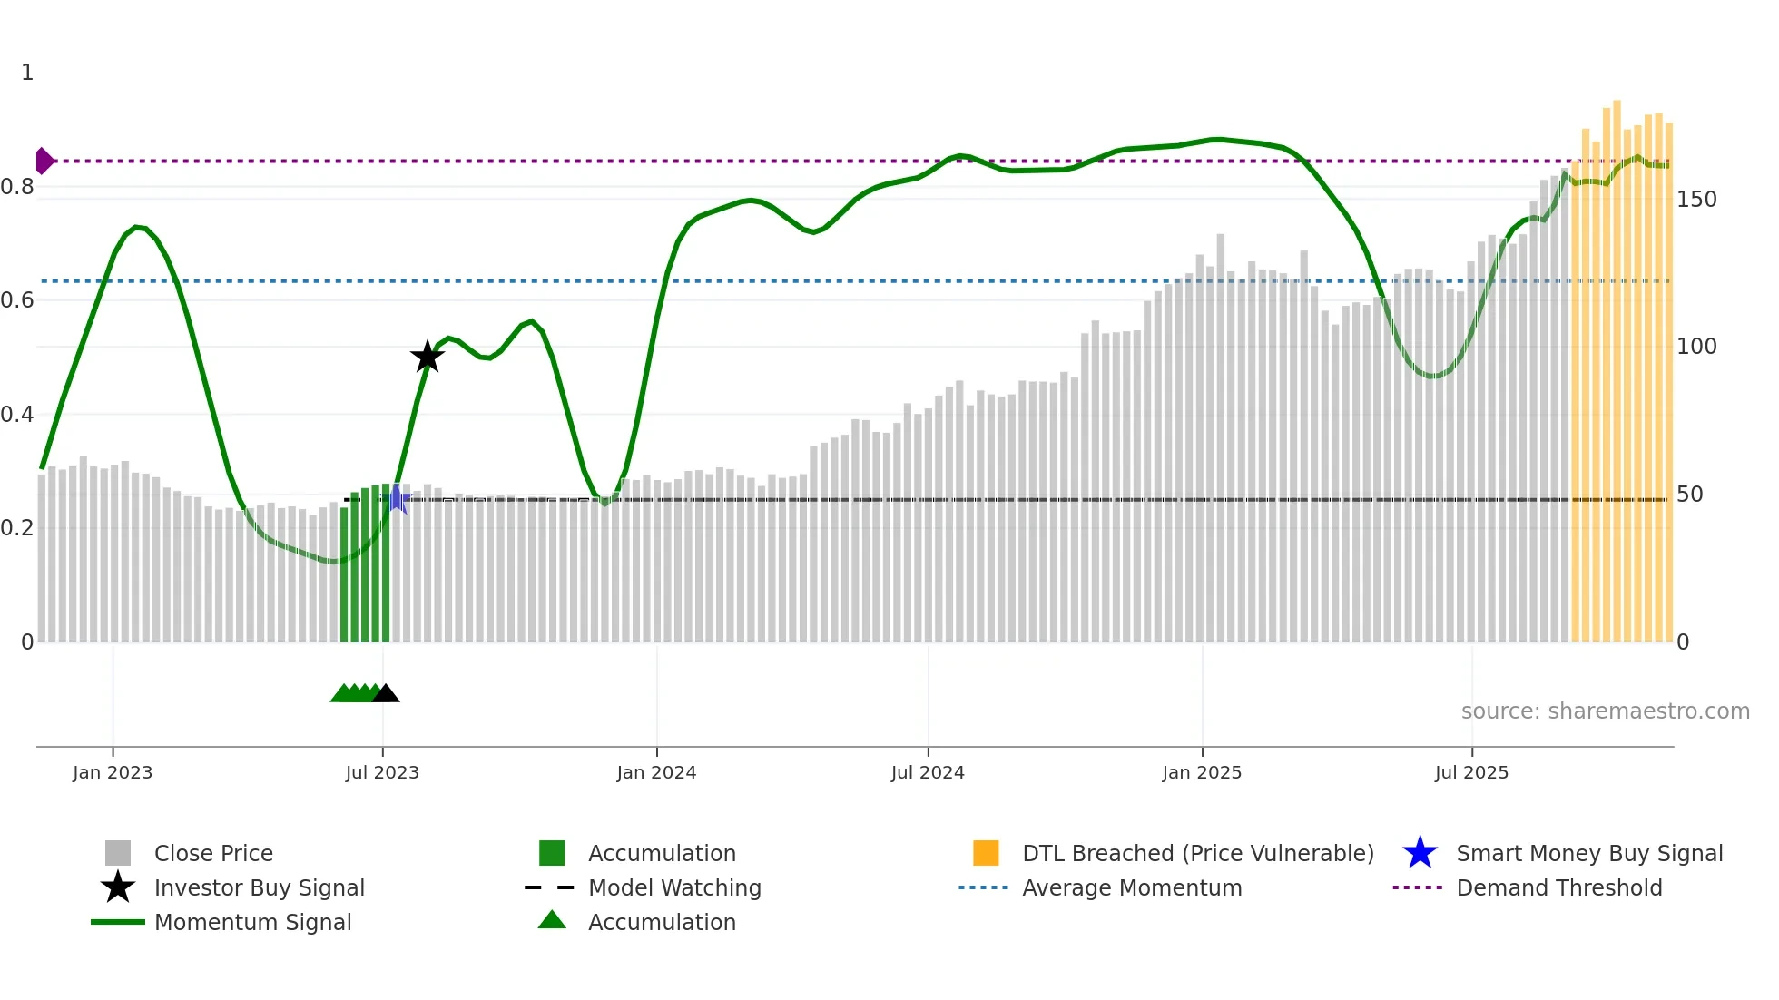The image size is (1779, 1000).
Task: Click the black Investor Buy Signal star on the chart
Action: pyautogui.click(x=427, y=357)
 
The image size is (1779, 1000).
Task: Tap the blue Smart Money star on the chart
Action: pyautogui.click(x=397, y=498)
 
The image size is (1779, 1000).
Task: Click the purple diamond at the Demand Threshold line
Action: pyautogui.click(x=44, y=161)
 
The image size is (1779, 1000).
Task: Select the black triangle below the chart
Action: pyautogui.click(x=386, y=694)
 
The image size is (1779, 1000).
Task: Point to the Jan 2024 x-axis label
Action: pyautogui.click(x=656, y=772)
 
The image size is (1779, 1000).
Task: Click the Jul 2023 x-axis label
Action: pyautogui.click(x=382, y=772)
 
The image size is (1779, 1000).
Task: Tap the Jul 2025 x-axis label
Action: pyautogui.click(x=1471, y=772)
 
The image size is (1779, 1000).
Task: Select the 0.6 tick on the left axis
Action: pyautogui.click(x=18, y=300)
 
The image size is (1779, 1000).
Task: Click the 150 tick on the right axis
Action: pyautogui.click(x=1695, y=200)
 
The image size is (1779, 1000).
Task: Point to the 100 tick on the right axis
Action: pyautogui.click(x=1695, y=347)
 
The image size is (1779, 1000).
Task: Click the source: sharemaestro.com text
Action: pyautogui.click(x=1605, y=711)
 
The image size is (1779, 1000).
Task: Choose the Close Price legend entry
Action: pyautogui.click(x=213, y=853)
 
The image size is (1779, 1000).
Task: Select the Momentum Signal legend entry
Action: pyautogui.click(x=252, y=922)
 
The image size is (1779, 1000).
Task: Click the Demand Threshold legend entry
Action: pyautogui.click(x=1558, y=887)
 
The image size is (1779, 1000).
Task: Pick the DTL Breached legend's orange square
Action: pyautogui.click(x=986, y=853)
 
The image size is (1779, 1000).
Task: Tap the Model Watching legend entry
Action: pyautogui.click(x=674, y=887)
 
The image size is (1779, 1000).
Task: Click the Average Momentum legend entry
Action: pyautogui.click(x=1131, y=887)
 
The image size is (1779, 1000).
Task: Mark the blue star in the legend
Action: pyautogui.click(x=1420, y=853)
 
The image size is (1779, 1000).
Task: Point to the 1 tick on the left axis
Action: pyautogui.click(x=27, y=73)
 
